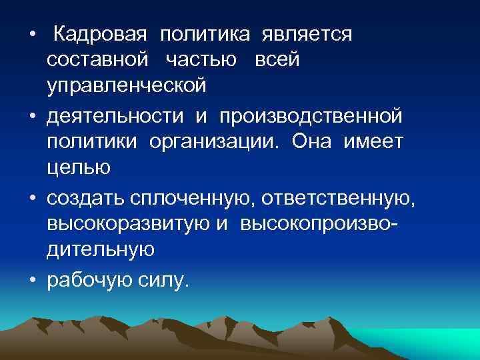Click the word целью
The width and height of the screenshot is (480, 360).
pos(79,169)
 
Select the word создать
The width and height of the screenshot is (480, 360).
pos(87,198)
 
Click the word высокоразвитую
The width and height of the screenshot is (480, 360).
pos(128,224)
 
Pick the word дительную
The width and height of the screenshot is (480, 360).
pos(101,250)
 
